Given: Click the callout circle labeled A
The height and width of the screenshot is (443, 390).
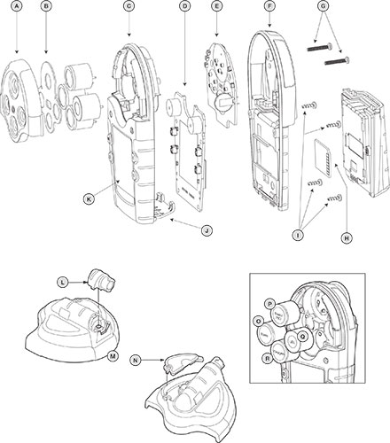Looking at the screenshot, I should tap(13, 7).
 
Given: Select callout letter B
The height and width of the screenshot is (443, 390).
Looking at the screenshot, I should tap(47, 7).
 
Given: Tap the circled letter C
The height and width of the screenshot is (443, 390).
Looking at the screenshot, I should tap(129, 7).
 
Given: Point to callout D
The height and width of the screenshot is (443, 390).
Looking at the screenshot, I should tap(184, 7).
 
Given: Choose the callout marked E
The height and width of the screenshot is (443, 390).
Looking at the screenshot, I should tap(217, 7).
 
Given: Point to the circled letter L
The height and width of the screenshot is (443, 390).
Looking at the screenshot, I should tap(62, 282).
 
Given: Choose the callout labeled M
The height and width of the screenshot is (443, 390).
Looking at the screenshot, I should tap(113, 355).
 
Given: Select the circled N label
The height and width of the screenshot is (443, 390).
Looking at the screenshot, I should tap(135, 361).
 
